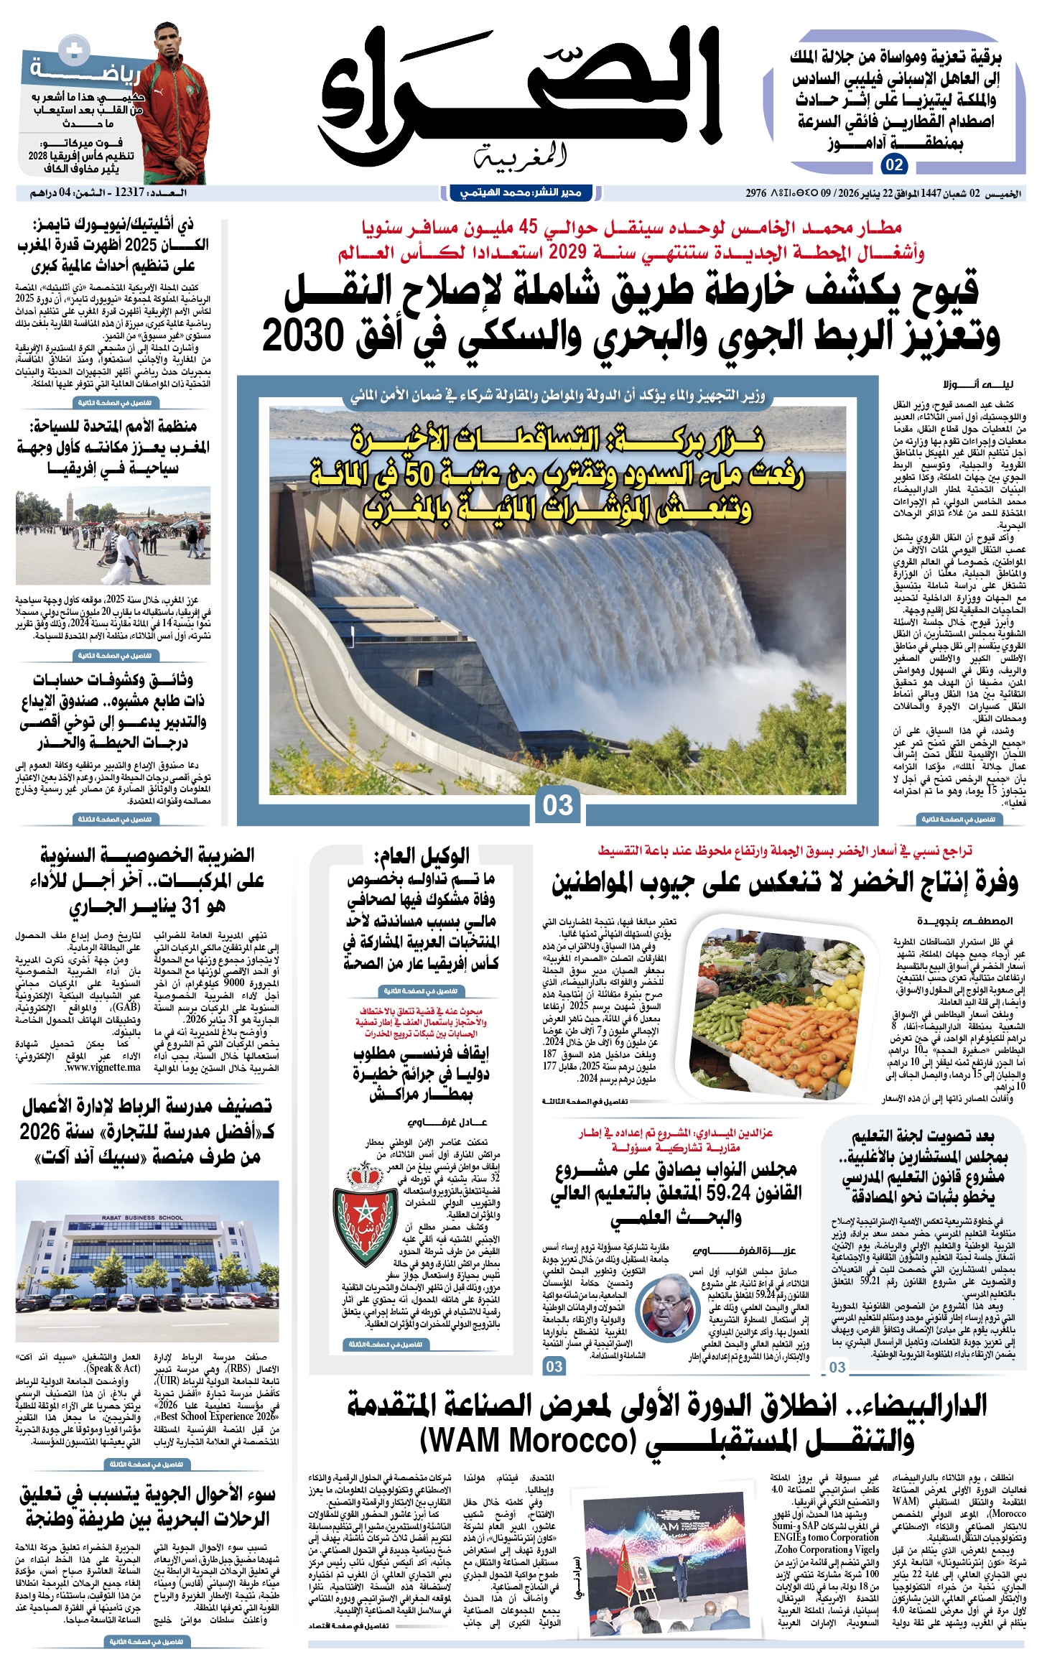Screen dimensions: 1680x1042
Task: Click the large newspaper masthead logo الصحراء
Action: [520, 90]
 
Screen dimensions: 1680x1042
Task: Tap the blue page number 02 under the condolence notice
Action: [894, 165]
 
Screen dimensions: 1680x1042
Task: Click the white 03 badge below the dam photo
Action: [558, 805]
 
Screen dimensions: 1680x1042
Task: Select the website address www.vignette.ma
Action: [103, 1068]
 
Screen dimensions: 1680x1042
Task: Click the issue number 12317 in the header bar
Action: [129, 192]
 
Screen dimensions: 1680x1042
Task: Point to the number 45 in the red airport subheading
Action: [528, 228]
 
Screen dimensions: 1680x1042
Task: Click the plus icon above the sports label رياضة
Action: [73, 50]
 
